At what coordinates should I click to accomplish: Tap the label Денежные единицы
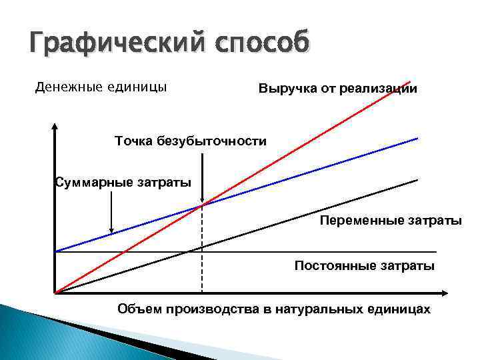click(x=101, y=87)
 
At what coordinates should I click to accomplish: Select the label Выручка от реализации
click(x=338, y=89)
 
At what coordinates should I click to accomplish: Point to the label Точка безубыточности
click(x=190, y=141)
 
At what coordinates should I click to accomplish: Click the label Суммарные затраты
click(x=122, y=182)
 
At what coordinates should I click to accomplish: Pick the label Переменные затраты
click(x=390, y=220)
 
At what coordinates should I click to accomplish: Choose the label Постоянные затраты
click(x=365, y=266)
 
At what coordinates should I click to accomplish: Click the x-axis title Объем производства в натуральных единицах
click(x=274, y=309)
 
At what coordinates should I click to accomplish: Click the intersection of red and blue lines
click(x=201, y=205)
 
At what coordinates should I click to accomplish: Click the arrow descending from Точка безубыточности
click(x=201, y=173)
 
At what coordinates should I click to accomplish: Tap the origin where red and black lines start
click(x=55, y=292)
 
